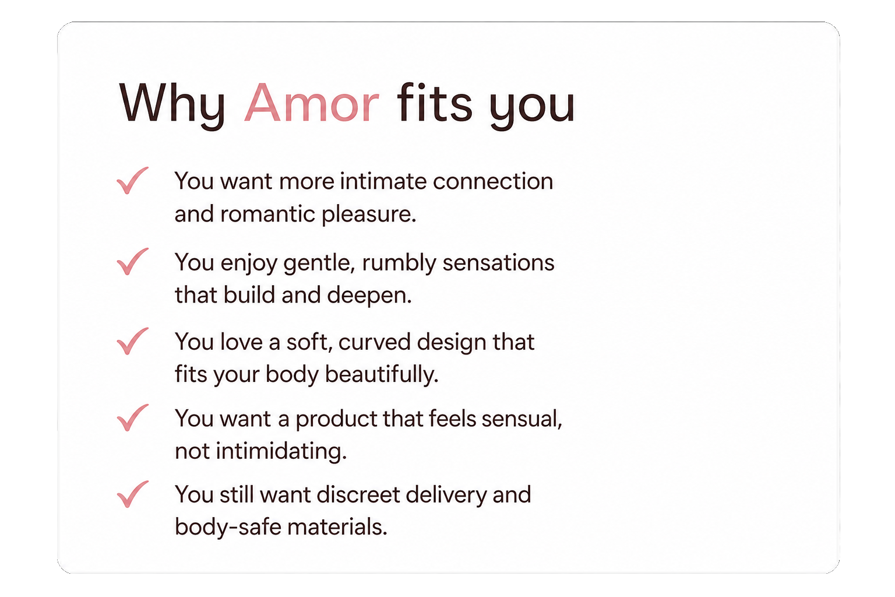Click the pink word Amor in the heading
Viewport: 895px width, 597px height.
(x=311, y=103)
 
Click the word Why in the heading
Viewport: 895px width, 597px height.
(x=172, y=106)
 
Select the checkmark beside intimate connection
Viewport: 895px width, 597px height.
(x=132, y=180)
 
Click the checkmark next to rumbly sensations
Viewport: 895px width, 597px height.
(x=132, y=262)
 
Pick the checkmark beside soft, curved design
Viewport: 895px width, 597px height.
(x=132, y=341)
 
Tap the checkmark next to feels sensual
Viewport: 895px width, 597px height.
(x=132, y=417)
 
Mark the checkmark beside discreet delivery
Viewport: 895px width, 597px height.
(x=132, y=494)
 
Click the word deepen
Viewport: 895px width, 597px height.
(x=369, y=296)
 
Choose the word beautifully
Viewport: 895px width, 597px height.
(x=382, y=375)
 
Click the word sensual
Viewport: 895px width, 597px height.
(x=522, y=419)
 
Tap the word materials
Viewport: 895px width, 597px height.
(x=337, y=527)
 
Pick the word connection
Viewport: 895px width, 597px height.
(x=492, y=181)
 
